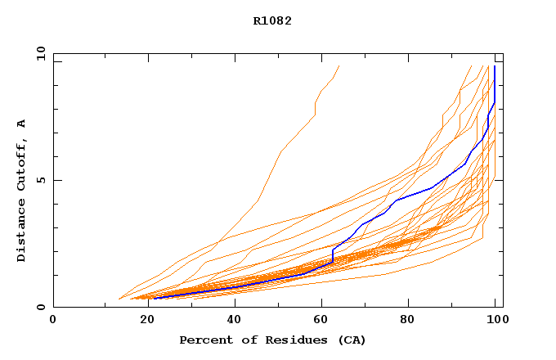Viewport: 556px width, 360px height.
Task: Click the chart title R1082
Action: tap(272, 21)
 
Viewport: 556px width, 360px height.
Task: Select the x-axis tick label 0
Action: tap(53, 320)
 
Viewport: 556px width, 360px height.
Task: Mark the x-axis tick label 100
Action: tap(494, 320)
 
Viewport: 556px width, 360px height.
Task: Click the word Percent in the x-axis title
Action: tap(204, 340)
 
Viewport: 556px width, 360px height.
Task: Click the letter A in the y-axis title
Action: tap(21, 124)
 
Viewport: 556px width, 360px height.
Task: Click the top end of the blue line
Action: tap(494, 66)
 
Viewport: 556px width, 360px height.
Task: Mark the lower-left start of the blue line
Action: tap(154, 299)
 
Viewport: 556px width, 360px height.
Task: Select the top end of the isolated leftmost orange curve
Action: tap(339, 66)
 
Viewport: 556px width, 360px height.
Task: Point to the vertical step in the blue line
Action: tap(333, 254)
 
